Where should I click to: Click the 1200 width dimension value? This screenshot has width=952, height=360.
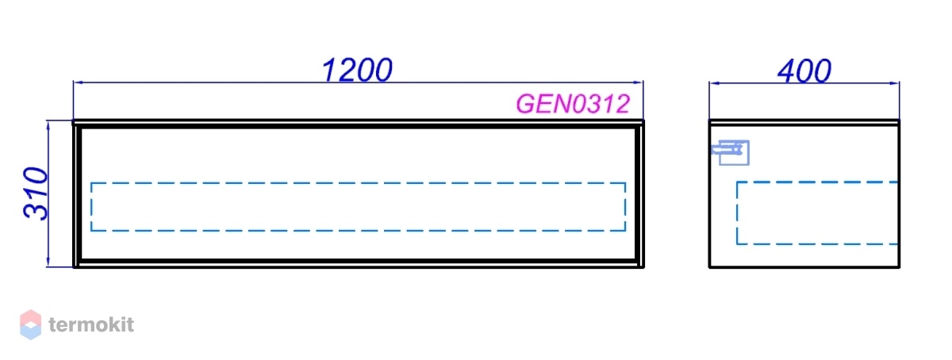click(357, 70)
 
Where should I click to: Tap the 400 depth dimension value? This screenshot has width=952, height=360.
click(804, 71)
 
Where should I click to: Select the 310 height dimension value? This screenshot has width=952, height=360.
click(36, 193)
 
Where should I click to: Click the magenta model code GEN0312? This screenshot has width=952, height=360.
click(573, 104)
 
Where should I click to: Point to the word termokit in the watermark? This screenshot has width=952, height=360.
click(91, 325)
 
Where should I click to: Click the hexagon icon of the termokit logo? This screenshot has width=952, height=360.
click(31, 325)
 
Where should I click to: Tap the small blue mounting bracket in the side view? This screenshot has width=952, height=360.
click(730, 152)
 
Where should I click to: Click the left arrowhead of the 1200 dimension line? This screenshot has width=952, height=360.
click(77, 82)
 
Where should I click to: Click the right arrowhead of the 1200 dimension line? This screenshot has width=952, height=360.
click(639, 82)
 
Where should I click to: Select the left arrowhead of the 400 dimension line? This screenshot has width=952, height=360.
click(713, 83)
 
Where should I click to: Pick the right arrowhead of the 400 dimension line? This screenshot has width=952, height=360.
click(895, 83)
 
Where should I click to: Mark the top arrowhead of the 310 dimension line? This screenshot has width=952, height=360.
click(48, 125)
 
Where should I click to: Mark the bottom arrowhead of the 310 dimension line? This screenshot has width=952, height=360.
click(48, 262)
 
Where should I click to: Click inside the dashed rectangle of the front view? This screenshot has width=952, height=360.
click(358, 207)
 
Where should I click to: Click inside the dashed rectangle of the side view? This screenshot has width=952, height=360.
click(817, 213)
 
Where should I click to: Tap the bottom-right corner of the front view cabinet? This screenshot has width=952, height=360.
click(643, 267)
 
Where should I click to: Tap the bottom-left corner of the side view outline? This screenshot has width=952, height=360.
click(709, 267)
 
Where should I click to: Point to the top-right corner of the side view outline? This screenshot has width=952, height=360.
click(899, 121)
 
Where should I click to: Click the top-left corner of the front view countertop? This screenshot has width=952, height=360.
click(73, 121)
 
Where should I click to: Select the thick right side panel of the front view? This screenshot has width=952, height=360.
click(639, 197)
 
